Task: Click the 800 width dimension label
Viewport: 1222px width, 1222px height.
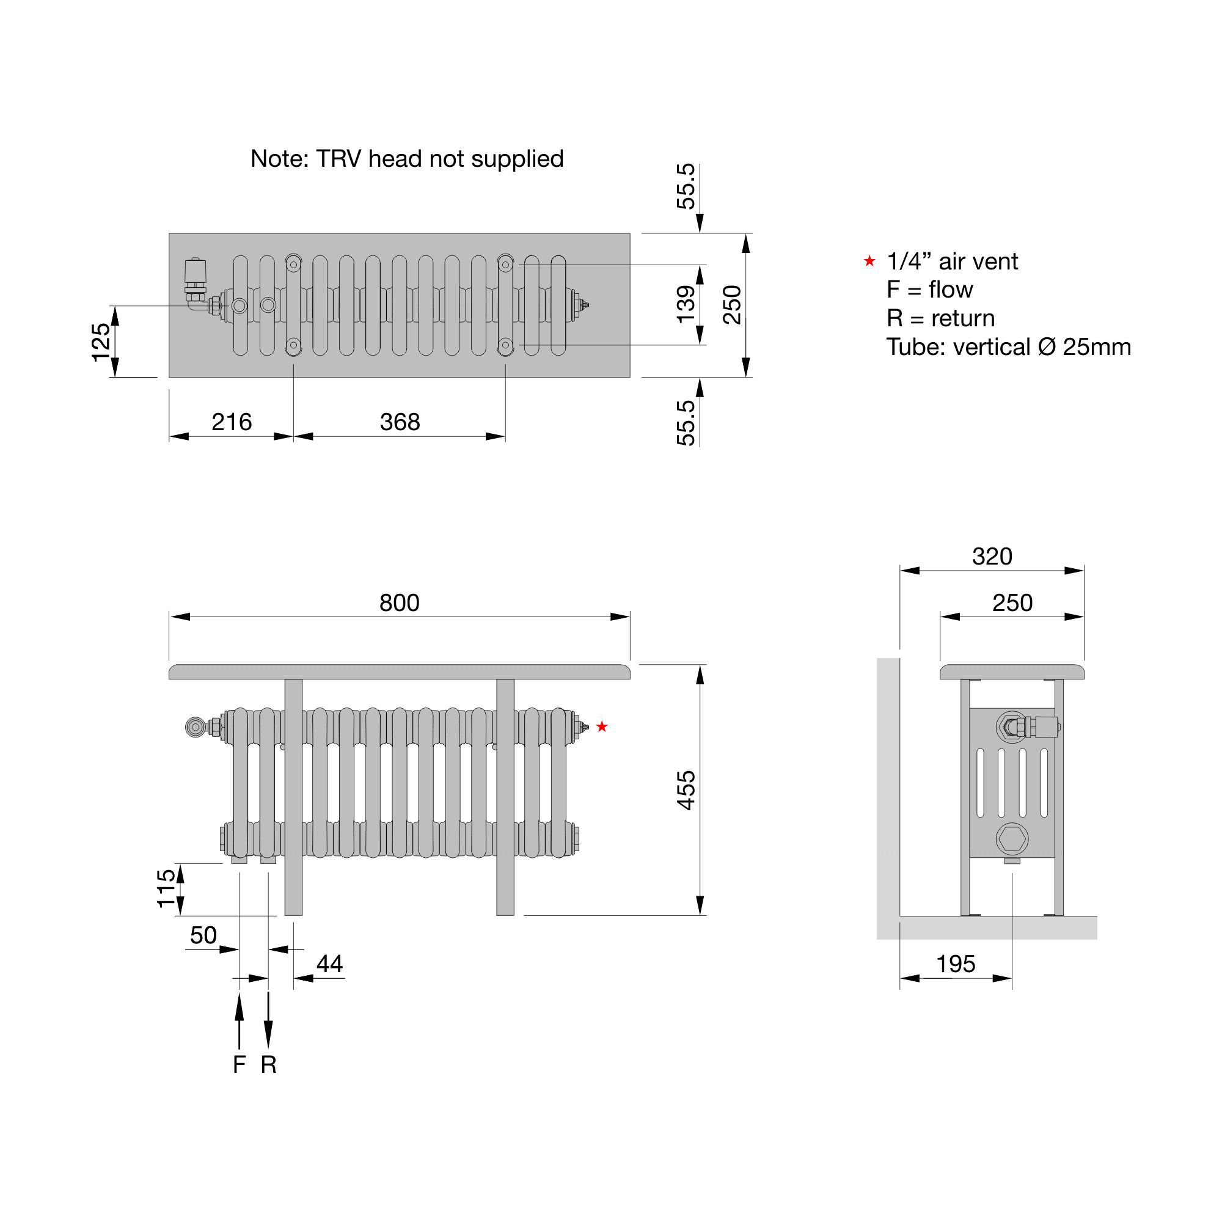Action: tap(399, 603)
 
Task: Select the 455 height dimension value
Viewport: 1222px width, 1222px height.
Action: tap(686, 790)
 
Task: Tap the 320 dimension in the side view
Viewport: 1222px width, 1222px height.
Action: tap(992, 557)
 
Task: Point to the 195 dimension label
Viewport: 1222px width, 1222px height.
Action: tap(956, 964)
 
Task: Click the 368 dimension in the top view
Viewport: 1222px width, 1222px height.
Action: tap(400, 422)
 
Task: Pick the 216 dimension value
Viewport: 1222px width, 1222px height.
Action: tap(232, 422)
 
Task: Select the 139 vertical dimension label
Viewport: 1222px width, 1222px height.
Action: tap(686, 304)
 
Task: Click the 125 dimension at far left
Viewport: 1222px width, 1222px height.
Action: tap(101, 342)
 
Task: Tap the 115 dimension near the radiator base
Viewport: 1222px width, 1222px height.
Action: tap(166, 888)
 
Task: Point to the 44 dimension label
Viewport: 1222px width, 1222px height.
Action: tap(329, 964)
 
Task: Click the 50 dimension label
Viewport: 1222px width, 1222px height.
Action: tap(203, 935)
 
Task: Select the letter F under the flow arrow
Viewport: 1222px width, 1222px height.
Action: tap(239, 1065)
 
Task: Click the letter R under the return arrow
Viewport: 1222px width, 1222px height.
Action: tap(268, 1065)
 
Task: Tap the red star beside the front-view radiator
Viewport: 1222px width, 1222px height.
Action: tap(601, 726)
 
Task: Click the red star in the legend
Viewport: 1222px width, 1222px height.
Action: tap(869, 261)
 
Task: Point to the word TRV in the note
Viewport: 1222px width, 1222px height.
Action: tap(339, 159)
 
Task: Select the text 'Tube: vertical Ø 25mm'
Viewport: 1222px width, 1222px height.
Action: tap(1008, 347)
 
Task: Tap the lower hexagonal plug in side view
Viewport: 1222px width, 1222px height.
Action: tap(1012, 840)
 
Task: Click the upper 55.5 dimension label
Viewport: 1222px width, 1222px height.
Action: tap(686, 186)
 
